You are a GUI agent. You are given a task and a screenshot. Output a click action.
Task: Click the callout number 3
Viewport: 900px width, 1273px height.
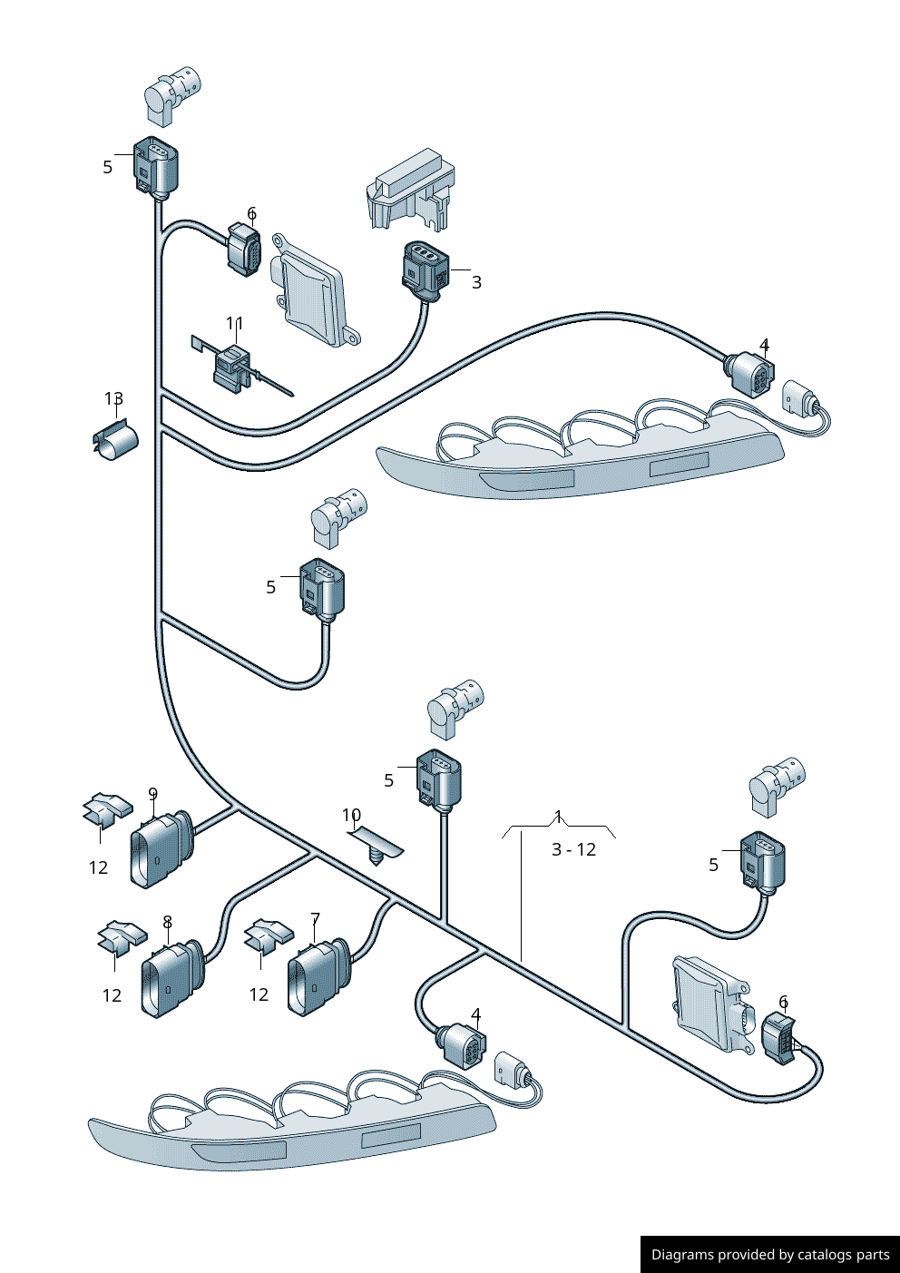[476, 282]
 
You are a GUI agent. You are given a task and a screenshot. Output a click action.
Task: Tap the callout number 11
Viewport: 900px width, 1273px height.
[235, 324]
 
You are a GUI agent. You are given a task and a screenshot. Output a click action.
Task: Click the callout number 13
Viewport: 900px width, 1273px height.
[113, 399]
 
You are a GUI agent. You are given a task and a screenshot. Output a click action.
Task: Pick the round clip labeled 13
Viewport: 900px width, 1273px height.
[116, 441]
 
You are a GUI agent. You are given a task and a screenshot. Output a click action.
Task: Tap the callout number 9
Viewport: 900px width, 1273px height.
[152, 794]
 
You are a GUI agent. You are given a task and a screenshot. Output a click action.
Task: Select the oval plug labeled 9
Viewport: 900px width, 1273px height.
[159, 850]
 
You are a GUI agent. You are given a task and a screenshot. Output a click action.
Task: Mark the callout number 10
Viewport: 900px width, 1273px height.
[351, 816]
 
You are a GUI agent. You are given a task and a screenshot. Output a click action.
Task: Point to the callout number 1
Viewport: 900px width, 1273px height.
[559, 816]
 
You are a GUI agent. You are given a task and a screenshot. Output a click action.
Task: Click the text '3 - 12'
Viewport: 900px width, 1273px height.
[573, 850]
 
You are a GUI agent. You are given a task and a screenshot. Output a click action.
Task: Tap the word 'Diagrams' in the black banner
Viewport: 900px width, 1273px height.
[681, 1255]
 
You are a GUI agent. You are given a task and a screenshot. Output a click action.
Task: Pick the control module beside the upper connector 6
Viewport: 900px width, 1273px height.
[312, 290]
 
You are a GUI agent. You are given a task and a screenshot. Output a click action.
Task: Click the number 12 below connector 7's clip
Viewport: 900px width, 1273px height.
[259, 995]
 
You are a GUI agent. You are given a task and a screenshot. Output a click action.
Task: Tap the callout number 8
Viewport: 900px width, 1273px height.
[167, 923]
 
